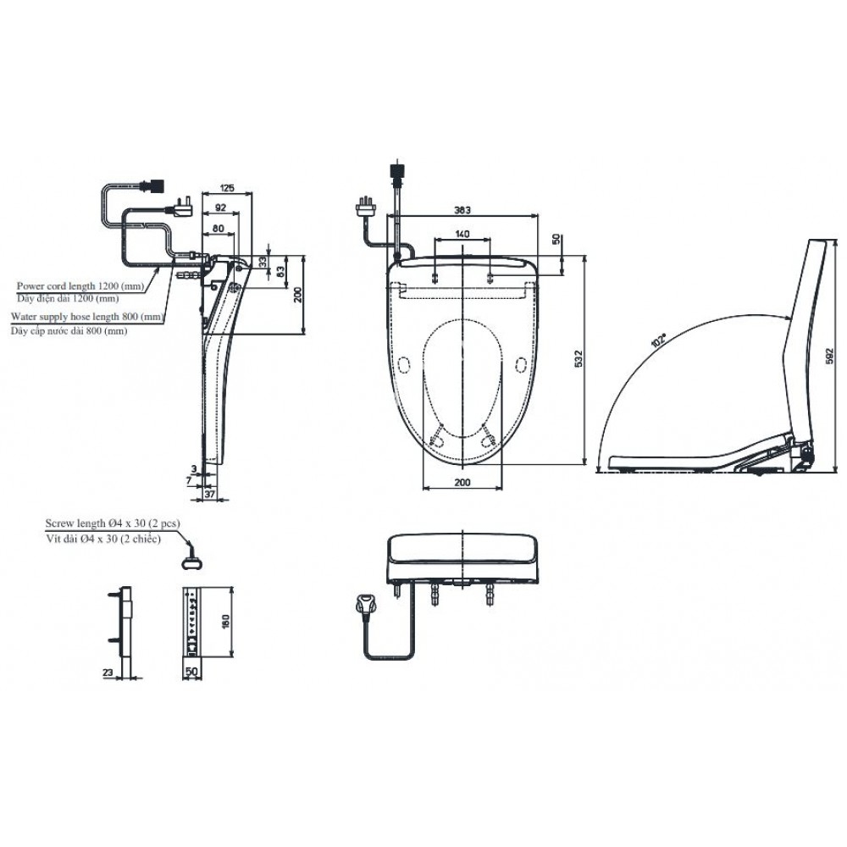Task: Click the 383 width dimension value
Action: pos(462,208)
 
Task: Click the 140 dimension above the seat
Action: pos(462,234)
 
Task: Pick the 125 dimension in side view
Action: pos(226,187)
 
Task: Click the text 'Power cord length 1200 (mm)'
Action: pos(80,286)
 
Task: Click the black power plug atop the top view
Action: pos(395,172)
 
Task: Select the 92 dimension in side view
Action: pos(220,207)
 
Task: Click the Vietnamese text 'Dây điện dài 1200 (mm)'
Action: pos(68,298)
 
